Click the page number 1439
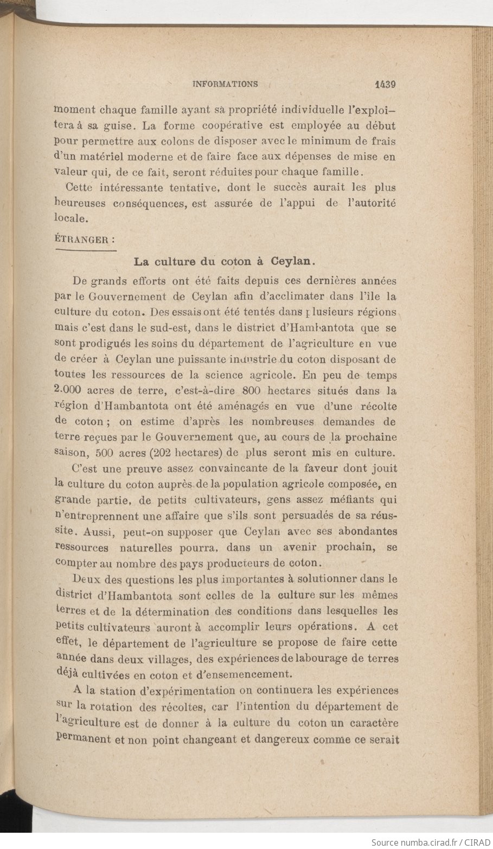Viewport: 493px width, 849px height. tap(385, 84)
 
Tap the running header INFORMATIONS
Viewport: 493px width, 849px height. tap(225, 84)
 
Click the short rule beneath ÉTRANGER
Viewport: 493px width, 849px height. tap(86, 250)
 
